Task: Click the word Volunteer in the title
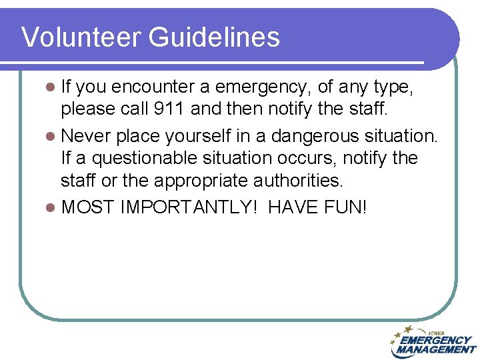tap(81, 37)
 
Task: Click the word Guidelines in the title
tap(214, 37)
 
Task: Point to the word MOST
tap(87, 207)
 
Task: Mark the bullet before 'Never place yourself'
tap(51, 137)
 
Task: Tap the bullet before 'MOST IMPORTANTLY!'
tap(51, 207)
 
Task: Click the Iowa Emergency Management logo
tap(433, 342)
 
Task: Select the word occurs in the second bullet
tap(333, 158)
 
